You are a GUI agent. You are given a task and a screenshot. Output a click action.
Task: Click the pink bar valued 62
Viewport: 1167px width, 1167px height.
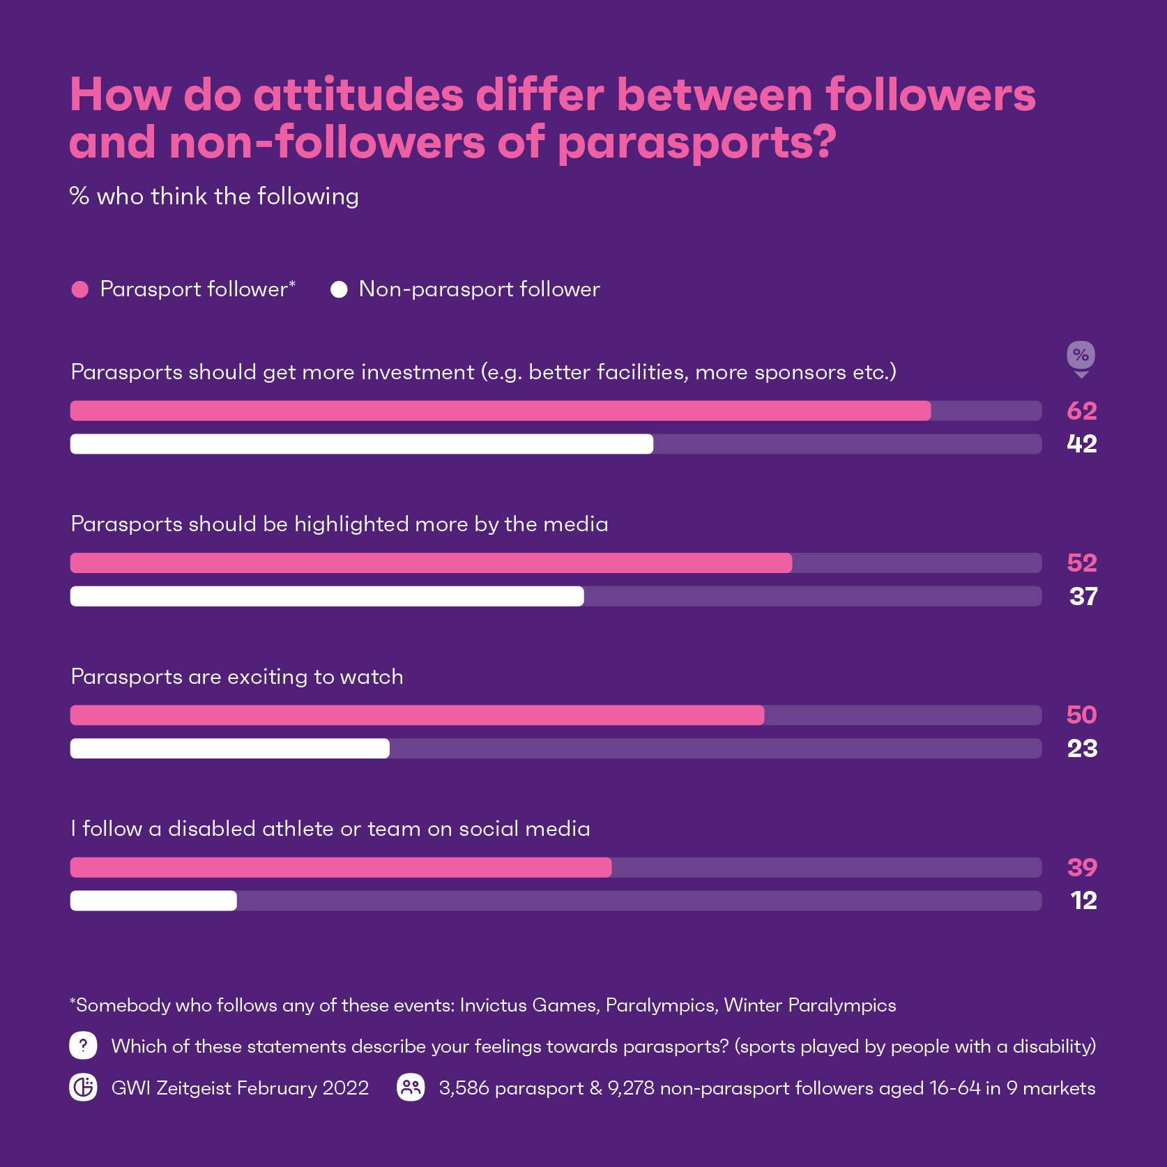pyautogui.click(x=500, y=411)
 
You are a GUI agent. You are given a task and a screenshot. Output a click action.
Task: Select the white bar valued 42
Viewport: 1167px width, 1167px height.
pyautogui.click(x=361, y=444)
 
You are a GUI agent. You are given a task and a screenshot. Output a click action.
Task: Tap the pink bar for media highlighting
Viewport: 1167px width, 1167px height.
pyautogui.click(x=431, y=563)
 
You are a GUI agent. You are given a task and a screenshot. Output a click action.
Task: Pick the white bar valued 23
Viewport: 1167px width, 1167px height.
pyautogui.click(x=229, y=749)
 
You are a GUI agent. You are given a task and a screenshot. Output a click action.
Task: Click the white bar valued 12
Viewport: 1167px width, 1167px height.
pyautogui.click(x=153, y=901)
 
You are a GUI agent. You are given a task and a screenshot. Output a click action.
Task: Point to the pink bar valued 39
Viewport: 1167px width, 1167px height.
pyautogui.click(x=340, y=867)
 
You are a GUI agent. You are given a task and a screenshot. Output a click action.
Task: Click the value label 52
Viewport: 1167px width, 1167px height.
pyautogui.click(x=1081, y=563)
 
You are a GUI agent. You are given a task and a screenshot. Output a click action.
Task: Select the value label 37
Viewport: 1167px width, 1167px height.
pyautogui.click(x=1083, y=597)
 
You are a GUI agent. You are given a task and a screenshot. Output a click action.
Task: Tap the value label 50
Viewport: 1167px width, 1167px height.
pyautogui.click(x=1081, y=715)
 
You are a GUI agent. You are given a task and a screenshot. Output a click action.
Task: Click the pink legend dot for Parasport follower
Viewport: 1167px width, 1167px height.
pyautogui.click(x=80, y=289)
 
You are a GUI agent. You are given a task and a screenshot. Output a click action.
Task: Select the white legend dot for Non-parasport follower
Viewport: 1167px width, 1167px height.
pyautogui.click(x=339, y=289)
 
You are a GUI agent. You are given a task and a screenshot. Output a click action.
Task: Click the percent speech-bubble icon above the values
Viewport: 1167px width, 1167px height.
pyautogui.click(x=1081, y=356)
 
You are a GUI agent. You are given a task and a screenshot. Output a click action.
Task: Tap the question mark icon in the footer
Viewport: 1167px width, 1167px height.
pyautogui.click(x=83, y=1046)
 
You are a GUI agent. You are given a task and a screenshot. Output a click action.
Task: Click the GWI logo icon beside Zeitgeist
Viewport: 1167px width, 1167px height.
pyautogui.click(x=83, y=1088)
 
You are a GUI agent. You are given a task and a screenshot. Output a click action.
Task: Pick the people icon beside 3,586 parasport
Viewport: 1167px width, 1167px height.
pyautogui.click(x=411, y=1088)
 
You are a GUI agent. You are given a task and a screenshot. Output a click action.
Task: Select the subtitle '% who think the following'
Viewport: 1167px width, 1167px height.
pyautogui.click(x=214, y=197)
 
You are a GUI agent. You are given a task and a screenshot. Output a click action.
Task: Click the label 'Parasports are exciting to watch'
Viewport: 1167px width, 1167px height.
pyautogui.click(x=237, y=677)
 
